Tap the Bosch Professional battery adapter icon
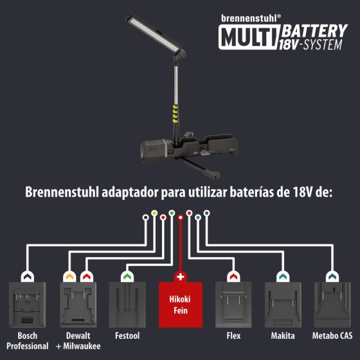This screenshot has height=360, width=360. (x=28, y=305)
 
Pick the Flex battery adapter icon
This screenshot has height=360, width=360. (x=234, y=305)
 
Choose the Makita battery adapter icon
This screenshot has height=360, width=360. (x=283, y=305)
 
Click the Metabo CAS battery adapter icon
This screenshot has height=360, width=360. (x=332, y=305)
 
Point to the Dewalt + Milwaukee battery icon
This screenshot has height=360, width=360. (x=78, y=305)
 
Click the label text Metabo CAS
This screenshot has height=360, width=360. (x=332, y=336)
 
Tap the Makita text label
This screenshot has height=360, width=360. (x=283, y=336)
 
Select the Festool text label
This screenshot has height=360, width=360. (x=127, y=336)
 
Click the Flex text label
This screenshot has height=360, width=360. (x=234, y=336)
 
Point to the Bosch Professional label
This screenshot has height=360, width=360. (x=28, y=340)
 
